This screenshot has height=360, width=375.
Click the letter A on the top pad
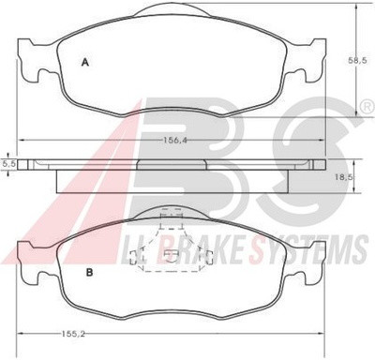coord(85,63)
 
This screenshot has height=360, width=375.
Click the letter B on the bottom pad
coord(89,273)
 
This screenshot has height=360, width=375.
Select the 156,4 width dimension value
coord(174,141)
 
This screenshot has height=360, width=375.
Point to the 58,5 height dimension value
coord(358,61)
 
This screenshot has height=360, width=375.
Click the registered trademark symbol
coord(368,107)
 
